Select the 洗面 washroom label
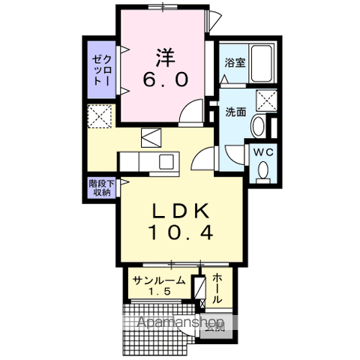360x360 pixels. pos(236,112)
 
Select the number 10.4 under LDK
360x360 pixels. pos(181,232)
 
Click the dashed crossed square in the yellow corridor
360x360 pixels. pos(100,117)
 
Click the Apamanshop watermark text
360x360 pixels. pos(184,323)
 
